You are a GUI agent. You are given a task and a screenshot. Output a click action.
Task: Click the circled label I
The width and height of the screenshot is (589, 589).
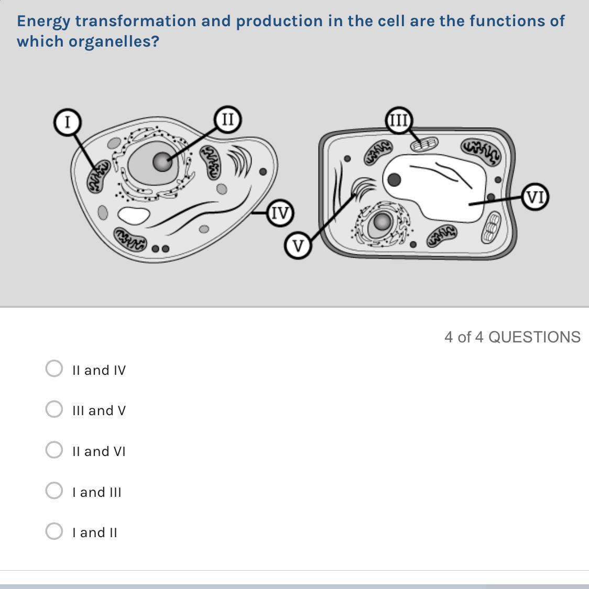pyautogui.click(x=67, y=122)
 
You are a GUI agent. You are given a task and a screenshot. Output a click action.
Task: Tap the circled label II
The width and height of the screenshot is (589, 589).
pyautogui.click(x=228, y=119)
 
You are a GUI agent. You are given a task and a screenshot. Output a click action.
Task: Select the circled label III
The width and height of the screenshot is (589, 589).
pyautogui.click(x=399, y=120)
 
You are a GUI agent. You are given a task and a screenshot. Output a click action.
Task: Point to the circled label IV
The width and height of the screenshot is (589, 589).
pyautogui.click(x=280, y=213)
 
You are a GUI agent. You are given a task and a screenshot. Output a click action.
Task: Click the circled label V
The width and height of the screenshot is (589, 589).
pyautogui.click(x=298, y=246)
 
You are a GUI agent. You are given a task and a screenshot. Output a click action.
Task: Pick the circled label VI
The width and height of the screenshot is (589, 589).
pyautogui.click(x=535, y=196)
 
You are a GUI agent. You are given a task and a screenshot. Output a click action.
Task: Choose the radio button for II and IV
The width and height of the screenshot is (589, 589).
pyautogui.click(x=54, y=369)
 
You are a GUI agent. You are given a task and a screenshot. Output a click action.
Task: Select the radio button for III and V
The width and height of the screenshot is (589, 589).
pyautogui.click(x=54, y=409)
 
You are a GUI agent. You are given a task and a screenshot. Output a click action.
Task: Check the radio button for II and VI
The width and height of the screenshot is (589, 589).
pyautogui.click(x=54, y=450)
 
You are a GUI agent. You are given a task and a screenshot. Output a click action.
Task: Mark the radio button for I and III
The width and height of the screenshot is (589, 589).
pyautogui.click(x=54, y=491)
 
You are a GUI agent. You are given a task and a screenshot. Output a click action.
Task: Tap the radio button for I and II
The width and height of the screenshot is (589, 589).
pyautogui.click(x=54, y=531)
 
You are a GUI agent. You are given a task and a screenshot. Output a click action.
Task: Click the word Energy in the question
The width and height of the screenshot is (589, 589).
pyautogui.click(x=43, y=22)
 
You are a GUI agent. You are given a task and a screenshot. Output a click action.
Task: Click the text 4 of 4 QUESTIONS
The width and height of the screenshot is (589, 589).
pyautogui.click(x=512, y=337)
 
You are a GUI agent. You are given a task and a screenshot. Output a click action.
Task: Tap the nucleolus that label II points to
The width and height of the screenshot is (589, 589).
pyautogui.click(x=162, y=162)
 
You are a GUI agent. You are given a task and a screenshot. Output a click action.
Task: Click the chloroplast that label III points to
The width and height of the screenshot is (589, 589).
pyautogui.click(x=424, y=145)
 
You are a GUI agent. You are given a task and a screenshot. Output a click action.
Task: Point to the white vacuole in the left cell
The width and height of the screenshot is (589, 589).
pyautogui.click(x=134, y=216)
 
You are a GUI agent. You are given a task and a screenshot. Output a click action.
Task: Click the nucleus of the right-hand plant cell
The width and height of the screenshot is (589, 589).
pyautogui.click(x=382, y=223)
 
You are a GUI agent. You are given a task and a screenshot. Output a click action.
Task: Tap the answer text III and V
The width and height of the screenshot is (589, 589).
pyautogui.click(x=99, y=410)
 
